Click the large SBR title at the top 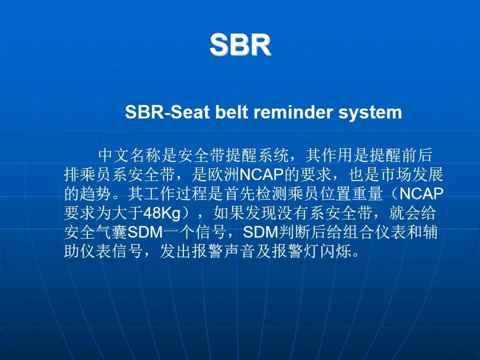click(240, 44)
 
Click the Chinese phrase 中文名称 click(130, 155)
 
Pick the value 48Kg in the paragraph click(162, 213)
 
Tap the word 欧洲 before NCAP click(223, 175)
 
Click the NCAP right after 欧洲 click(261, 175)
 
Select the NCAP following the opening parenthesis click(421, 194)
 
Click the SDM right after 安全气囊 click(145, 232)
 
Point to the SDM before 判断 click(261, 232)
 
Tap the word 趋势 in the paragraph click(96, 194)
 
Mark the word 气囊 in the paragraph click(111, 232)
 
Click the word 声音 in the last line click(239, 251)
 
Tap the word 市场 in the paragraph click(396, 175)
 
